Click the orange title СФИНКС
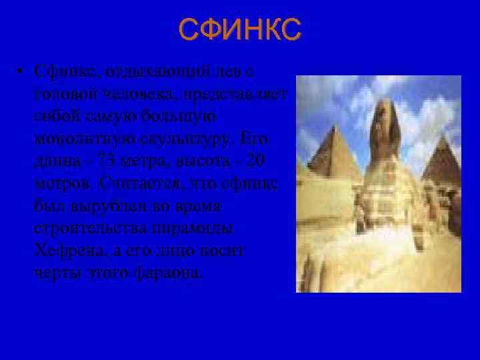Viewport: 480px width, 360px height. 240,30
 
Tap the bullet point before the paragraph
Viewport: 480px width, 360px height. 21,72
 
